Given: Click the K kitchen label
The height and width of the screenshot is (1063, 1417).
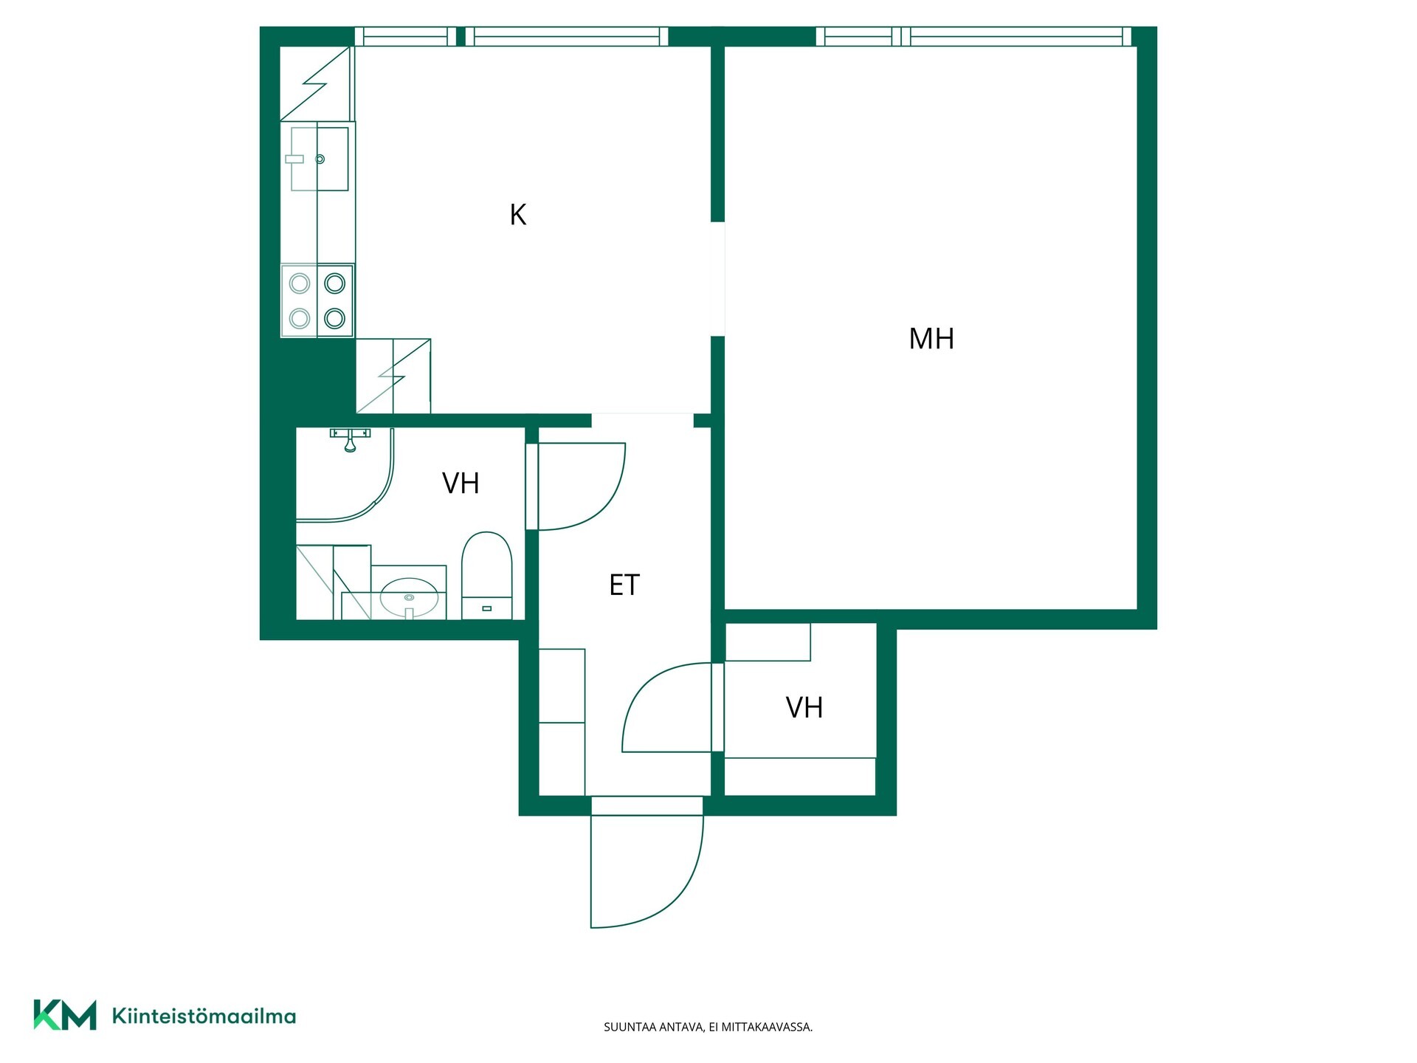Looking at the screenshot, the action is pos(518,215).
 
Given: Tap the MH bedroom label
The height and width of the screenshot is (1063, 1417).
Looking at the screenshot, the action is pos(931,339).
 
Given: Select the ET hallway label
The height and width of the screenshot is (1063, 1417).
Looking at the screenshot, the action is pos(624,585).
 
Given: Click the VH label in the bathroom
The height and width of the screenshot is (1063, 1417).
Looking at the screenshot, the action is pos(461,484).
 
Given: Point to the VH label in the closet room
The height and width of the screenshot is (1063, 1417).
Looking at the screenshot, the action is pos(804,708).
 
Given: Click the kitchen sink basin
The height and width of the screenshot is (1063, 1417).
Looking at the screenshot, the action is pos(320,159).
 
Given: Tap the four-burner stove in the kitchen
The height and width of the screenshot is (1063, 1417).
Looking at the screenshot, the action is pos(317,301).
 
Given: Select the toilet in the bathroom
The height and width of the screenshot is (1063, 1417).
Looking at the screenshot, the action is pos(486,576).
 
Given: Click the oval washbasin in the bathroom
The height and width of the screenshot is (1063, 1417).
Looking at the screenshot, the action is pos(409,597).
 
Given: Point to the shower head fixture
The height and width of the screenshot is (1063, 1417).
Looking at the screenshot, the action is pos(350,439).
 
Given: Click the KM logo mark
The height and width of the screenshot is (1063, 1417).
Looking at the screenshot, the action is pos(65,1015).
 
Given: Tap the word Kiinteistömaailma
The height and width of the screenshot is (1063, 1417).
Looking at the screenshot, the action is pos(204,1016).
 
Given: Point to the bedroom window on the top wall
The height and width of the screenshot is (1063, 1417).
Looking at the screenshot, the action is pos(973,36).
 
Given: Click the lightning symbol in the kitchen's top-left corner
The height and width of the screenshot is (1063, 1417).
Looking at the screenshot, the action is pos(315,83).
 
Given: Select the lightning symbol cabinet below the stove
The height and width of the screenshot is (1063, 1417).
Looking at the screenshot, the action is pos(393,376).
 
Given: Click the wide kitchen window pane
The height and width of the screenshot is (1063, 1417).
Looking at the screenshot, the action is pos(567,36).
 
